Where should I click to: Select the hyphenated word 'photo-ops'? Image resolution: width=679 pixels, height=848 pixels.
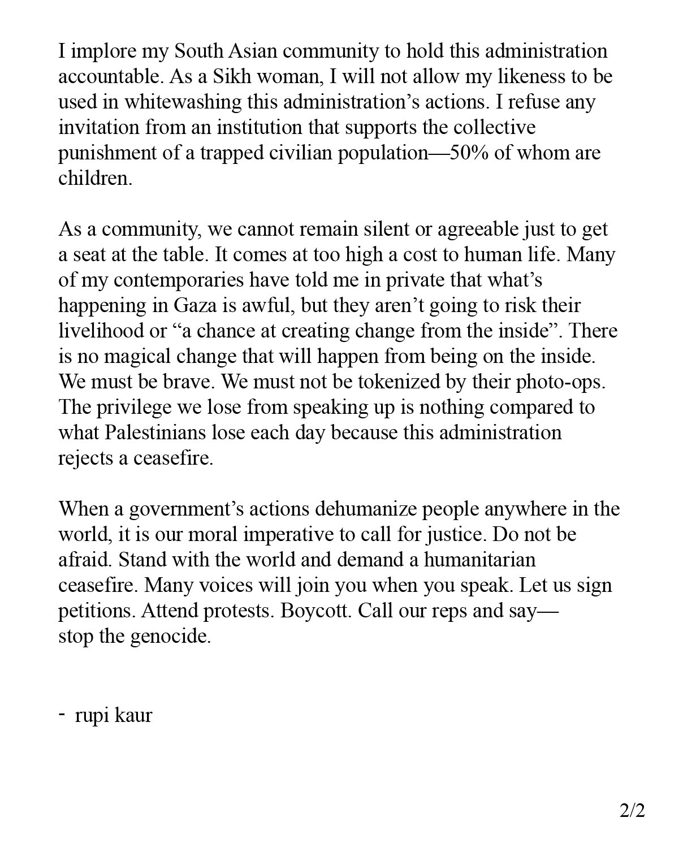[x=560, y=382]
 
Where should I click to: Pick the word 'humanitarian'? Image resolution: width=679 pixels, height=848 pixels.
[x=479, y=560]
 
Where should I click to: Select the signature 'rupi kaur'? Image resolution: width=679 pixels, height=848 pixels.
[x=113, y=716]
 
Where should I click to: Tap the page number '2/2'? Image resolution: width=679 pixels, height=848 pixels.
[x=632, y=811]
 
